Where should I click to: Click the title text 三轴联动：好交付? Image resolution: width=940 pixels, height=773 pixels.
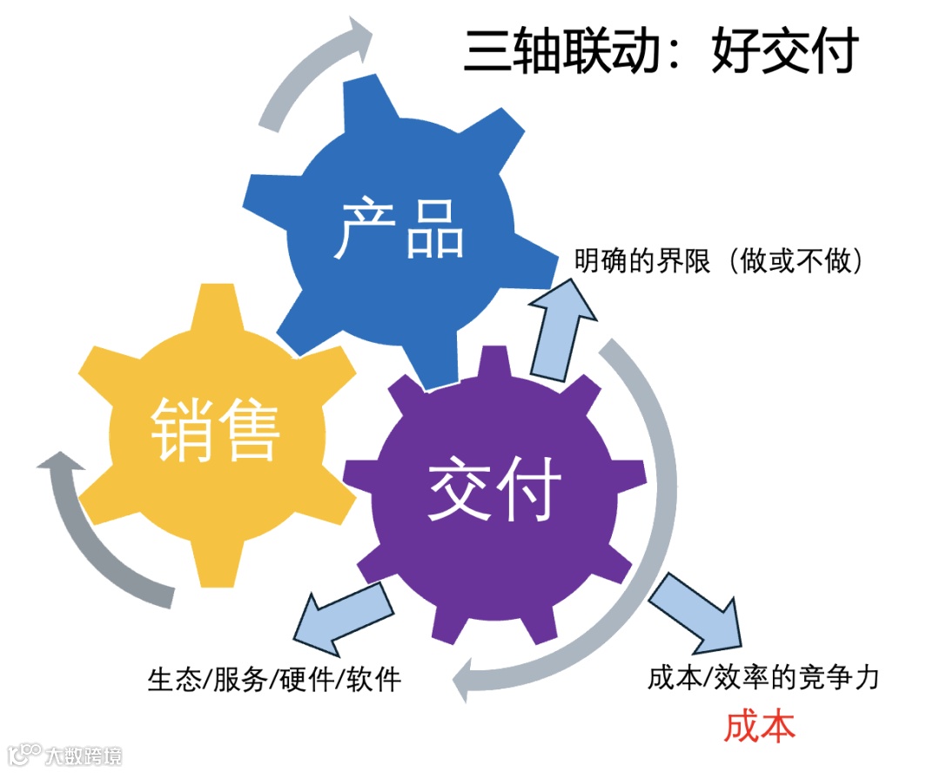(x=661, y=50)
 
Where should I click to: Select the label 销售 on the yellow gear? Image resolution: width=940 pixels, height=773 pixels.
(x=216, y=429)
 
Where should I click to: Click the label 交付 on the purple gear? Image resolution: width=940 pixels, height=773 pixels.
(x=493, y=487)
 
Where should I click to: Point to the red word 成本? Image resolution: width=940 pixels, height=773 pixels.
(x=759, y=725)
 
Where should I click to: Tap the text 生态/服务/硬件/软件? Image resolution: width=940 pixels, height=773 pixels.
(x=275, y=679)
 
